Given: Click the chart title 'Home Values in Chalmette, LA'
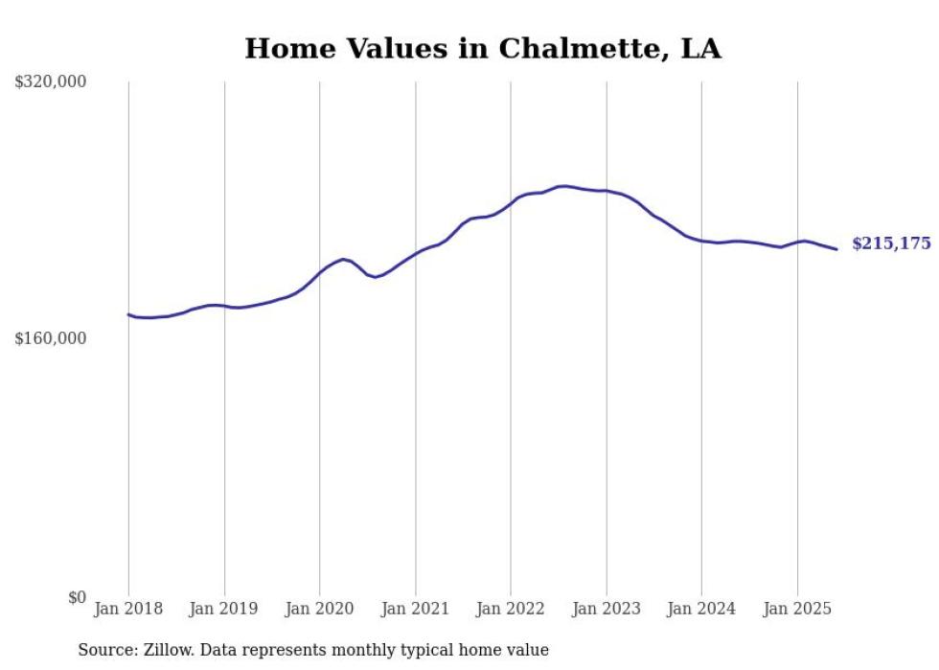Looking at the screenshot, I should tap(482, 48).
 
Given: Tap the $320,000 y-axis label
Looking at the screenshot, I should tap(51, 82).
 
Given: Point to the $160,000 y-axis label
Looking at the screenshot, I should tap(51, 338).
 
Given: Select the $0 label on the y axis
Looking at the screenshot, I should tap(78, 597).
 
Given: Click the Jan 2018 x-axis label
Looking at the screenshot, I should tap(128, 609).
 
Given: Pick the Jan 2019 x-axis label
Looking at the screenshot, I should tap(224, 609).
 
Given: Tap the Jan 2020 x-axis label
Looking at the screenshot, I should tap(320, 609).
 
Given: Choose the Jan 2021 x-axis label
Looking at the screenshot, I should tap(415, 609).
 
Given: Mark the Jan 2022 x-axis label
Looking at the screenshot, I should tap(511, 609).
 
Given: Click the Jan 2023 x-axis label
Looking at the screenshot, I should tap(607, 609).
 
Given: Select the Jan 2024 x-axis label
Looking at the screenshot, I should tap(701, 609).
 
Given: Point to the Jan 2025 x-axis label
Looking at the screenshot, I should tap(797, 609).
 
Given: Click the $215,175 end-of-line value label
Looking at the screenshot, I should tap(891, 243).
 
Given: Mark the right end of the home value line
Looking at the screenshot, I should tap(836, 249).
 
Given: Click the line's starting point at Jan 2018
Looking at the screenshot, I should tap(128, 314).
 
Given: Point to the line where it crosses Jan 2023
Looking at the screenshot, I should tap(607, 191).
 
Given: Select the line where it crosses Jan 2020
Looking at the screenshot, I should tap(320, 272).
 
